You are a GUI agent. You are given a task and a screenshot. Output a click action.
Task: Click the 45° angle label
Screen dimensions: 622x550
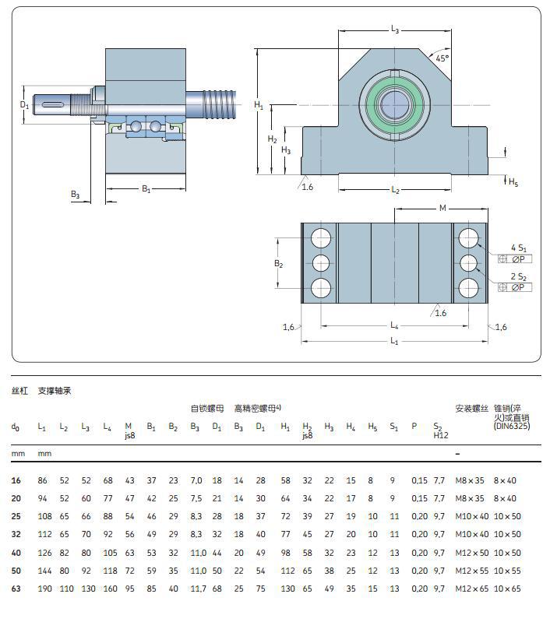(442, 58)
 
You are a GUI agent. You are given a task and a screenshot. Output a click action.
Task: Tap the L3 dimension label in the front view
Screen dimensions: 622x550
(394, 30)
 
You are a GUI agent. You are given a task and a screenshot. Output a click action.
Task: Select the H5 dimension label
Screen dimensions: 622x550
(513, 182)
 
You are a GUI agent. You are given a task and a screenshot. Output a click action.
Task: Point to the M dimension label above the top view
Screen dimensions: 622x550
(442, 208)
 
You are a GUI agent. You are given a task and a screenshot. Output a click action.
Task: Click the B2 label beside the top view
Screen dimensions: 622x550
(278, 263)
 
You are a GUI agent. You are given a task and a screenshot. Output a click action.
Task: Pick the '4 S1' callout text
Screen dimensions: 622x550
(518, 247)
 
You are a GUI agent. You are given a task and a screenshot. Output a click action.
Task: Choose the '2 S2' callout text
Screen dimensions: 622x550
(518, 276)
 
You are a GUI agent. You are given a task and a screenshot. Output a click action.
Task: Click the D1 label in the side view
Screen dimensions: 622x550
(24, 104)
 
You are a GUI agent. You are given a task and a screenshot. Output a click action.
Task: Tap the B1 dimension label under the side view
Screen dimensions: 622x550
(146, 189)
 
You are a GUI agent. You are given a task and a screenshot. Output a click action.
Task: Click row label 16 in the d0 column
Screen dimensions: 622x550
(16, 481)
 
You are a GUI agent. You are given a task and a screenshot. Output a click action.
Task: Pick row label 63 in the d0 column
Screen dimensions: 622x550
(16, 589)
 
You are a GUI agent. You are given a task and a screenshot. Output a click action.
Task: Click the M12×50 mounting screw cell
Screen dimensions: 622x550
(471, 553)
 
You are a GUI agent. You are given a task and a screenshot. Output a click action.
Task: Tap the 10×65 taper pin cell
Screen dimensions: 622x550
(506, 589)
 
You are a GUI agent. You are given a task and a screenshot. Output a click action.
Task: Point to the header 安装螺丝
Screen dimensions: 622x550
(471, 408)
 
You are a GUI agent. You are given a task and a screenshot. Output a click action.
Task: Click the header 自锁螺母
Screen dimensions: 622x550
(207, 408)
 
